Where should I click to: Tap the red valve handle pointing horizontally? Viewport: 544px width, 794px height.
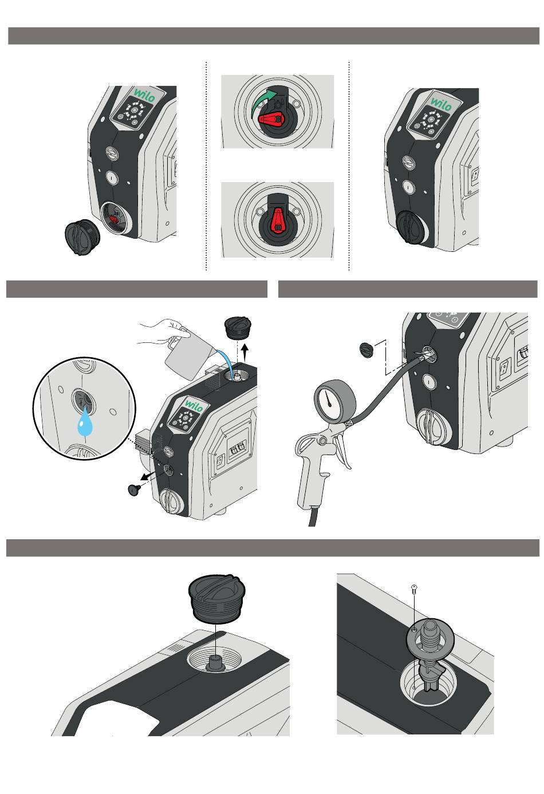270,119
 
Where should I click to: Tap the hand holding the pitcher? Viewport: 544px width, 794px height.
164,332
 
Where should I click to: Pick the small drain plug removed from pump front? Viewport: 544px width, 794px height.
134,489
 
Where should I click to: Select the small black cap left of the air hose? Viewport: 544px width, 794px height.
366,350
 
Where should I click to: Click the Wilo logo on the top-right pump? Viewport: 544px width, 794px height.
441,104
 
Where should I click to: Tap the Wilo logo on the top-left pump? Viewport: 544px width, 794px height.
144,95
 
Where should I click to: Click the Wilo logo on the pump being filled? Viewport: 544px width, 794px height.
194,405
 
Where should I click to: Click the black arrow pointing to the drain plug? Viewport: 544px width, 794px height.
148,475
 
